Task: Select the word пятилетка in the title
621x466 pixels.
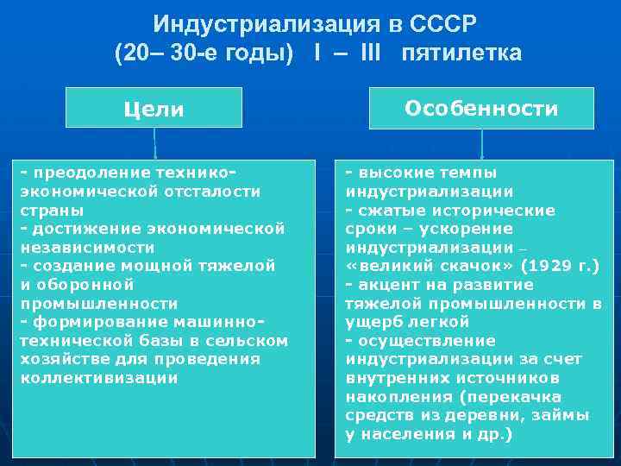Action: (x=461, y=54)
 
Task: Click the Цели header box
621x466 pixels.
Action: (x=154, y=109)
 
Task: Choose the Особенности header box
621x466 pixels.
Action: (x=481, y=108)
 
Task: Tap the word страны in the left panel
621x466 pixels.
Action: (x=52, y=210)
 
